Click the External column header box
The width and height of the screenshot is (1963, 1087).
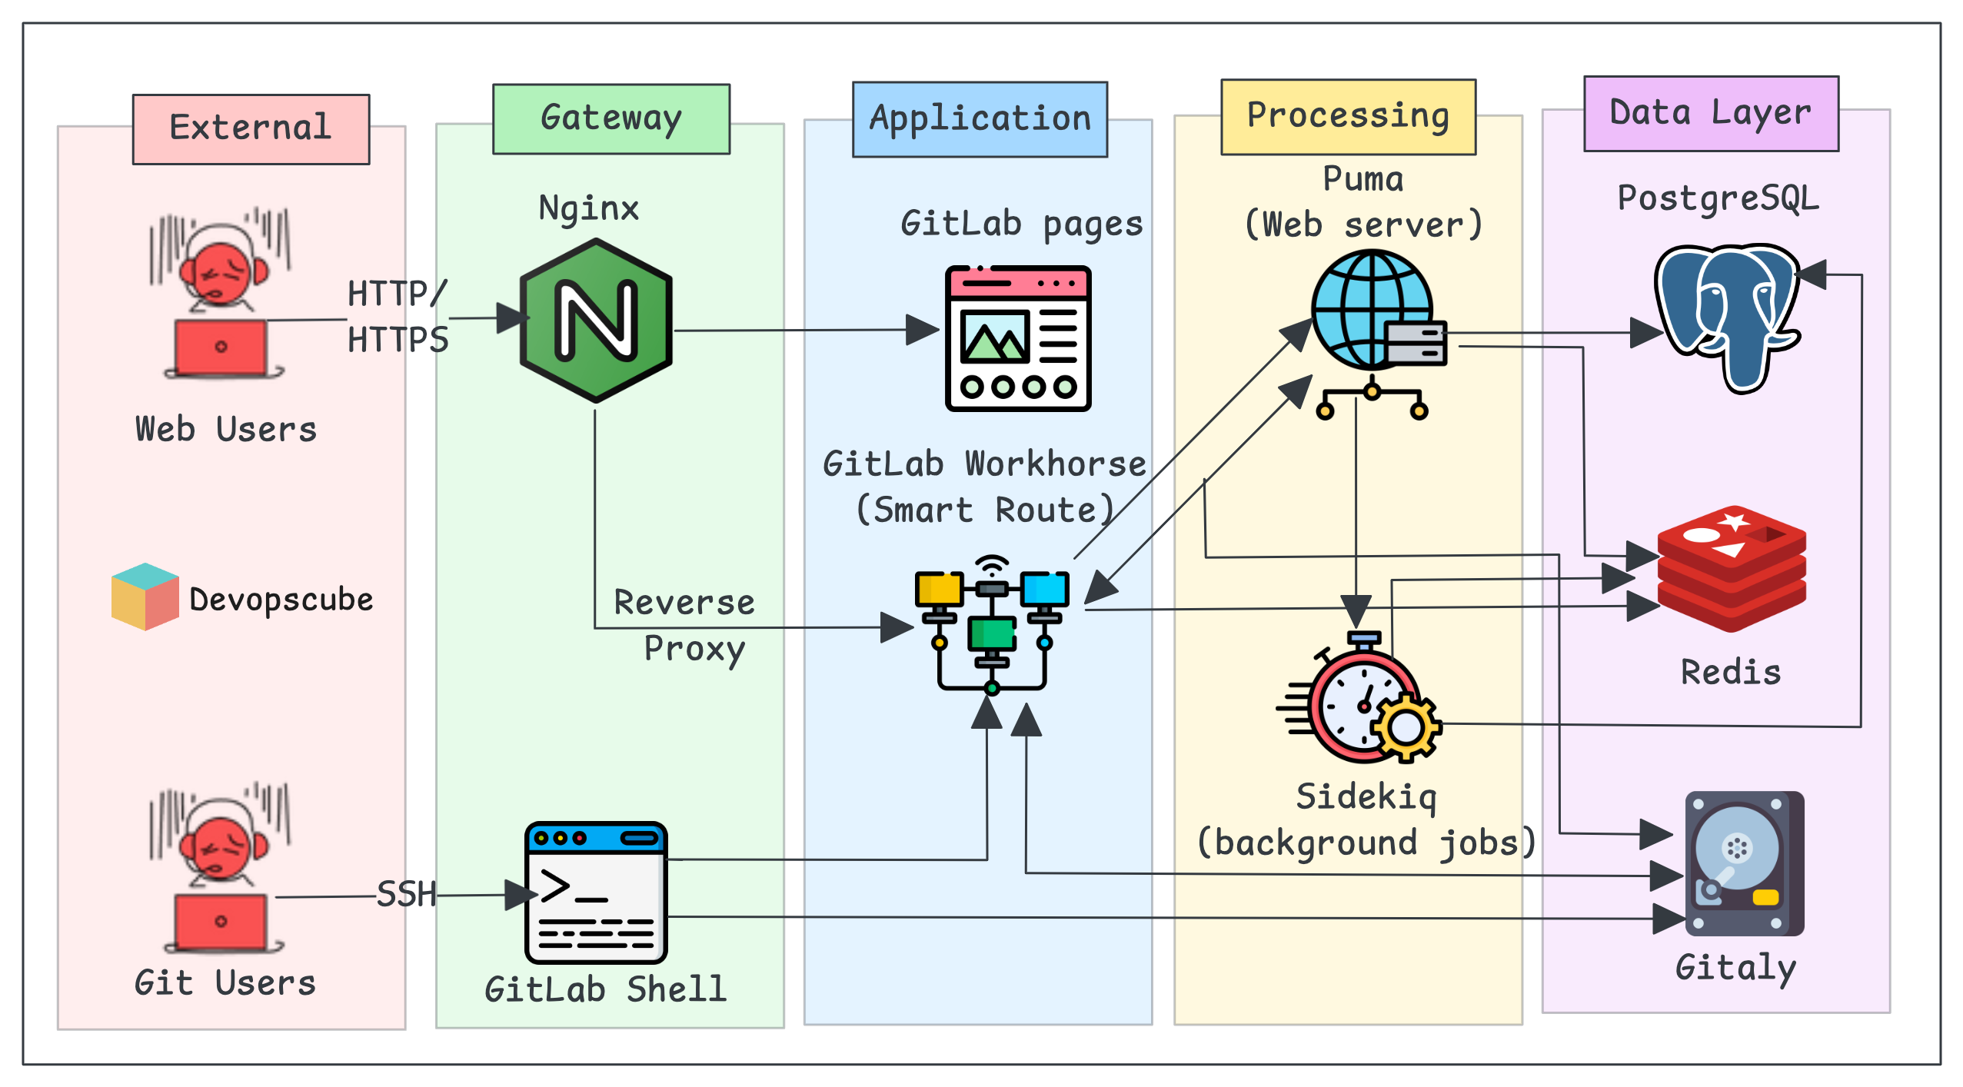tap(251, 129)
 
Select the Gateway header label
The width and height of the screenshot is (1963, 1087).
tap(611, 119)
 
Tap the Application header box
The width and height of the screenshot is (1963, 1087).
tap(980, 120)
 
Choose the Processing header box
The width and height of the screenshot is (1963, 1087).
tap(1347, 117)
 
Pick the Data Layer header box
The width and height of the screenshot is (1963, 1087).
tap(1710, 114)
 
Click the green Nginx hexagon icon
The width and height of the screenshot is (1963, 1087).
tap(596, 321)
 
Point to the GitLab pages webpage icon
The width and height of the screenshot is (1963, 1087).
tap(1017, 338)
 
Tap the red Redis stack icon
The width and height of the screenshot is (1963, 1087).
tap(1731, 569)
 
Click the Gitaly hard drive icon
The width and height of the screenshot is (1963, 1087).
tap(1744, 863)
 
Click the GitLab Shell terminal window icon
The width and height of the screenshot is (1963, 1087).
tap(595, 893)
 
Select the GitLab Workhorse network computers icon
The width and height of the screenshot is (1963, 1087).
tap(991, 623)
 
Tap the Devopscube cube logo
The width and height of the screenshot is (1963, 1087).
tap(145, 597)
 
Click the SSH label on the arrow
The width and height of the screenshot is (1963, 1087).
tap(406, 894)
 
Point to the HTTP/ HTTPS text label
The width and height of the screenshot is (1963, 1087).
tap(397, 316)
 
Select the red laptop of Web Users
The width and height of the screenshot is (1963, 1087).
tap(221, 348)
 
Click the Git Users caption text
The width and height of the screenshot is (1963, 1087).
tap(225, 982)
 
